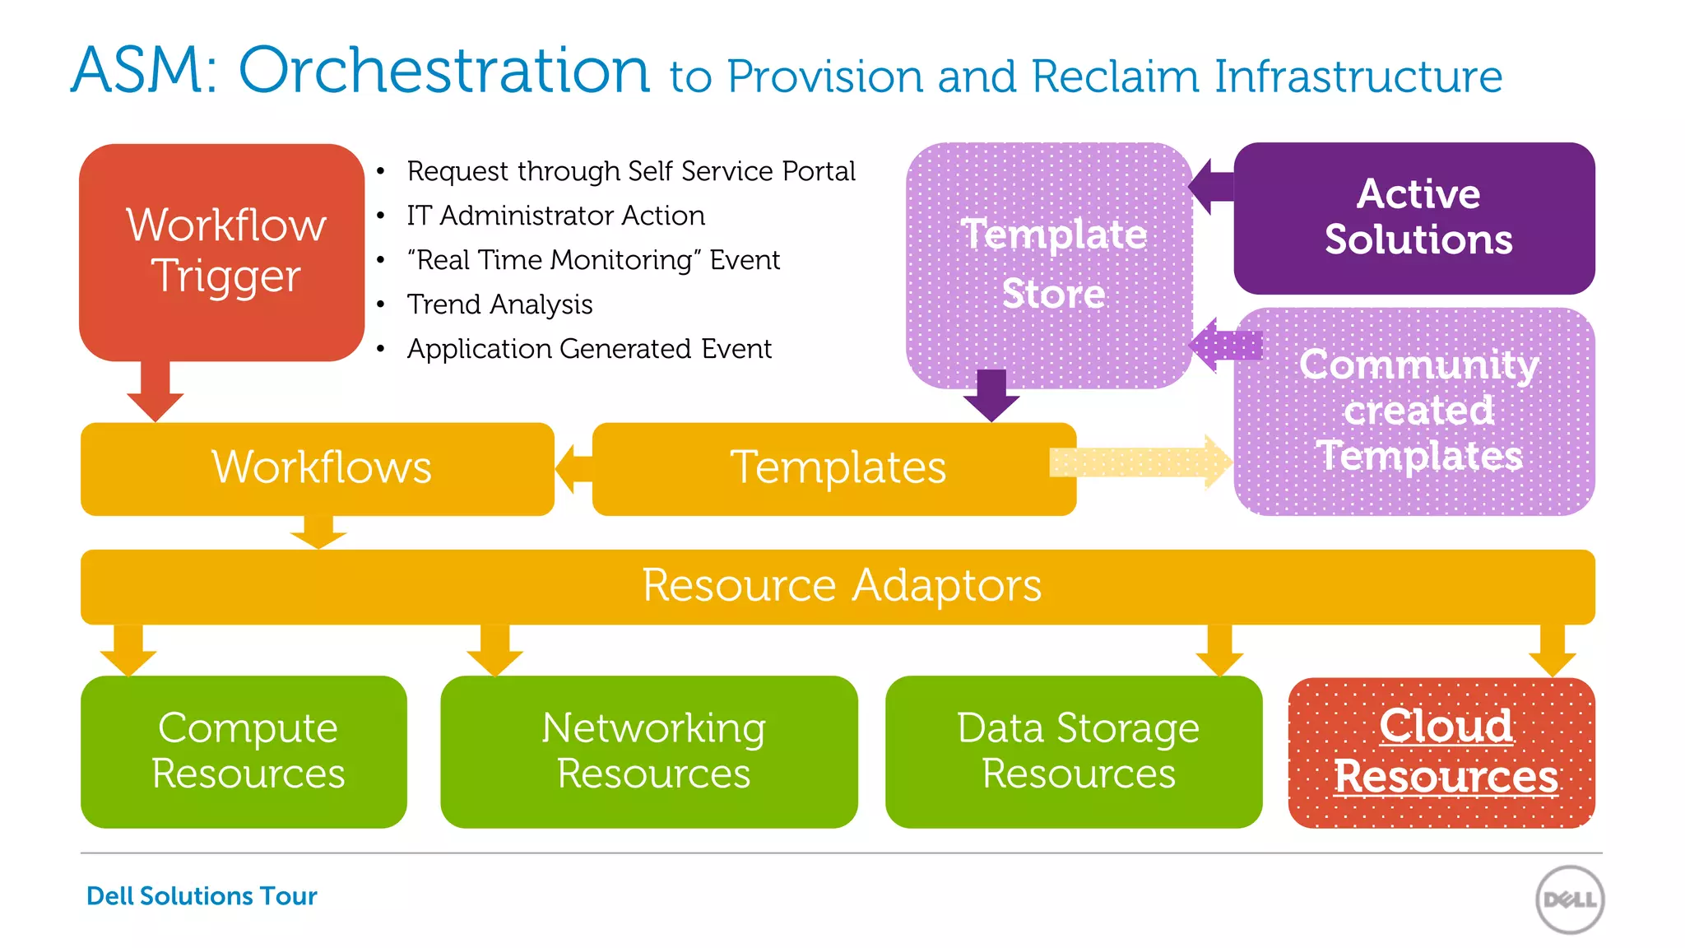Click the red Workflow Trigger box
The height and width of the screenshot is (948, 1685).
222,251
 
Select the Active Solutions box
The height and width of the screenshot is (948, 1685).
1413,218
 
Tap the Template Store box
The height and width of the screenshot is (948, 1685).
1049,263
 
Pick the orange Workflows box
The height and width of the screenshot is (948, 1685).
318,468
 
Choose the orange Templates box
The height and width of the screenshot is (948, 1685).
834,468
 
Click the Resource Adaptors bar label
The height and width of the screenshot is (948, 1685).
841,586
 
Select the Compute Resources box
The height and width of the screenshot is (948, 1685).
244,751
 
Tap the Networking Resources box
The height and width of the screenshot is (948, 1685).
650,751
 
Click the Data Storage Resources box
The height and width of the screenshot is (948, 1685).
1074,751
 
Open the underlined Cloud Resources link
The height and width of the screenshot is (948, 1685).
1445,751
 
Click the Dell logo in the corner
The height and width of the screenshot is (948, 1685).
1569,899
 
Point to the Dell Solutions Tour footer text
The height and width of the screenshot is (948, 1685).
202,895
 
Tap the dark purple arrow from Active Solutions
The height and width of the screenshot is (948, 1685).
1211,187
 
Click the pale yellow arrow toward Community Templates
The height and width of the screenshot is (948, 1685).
1140,462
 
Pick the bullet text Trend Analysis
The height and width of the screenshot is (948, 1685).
499,304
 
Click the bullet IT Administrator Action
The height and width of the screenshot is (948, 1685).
555,216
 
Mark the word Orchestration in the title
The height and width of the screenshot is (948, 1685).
444,70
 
